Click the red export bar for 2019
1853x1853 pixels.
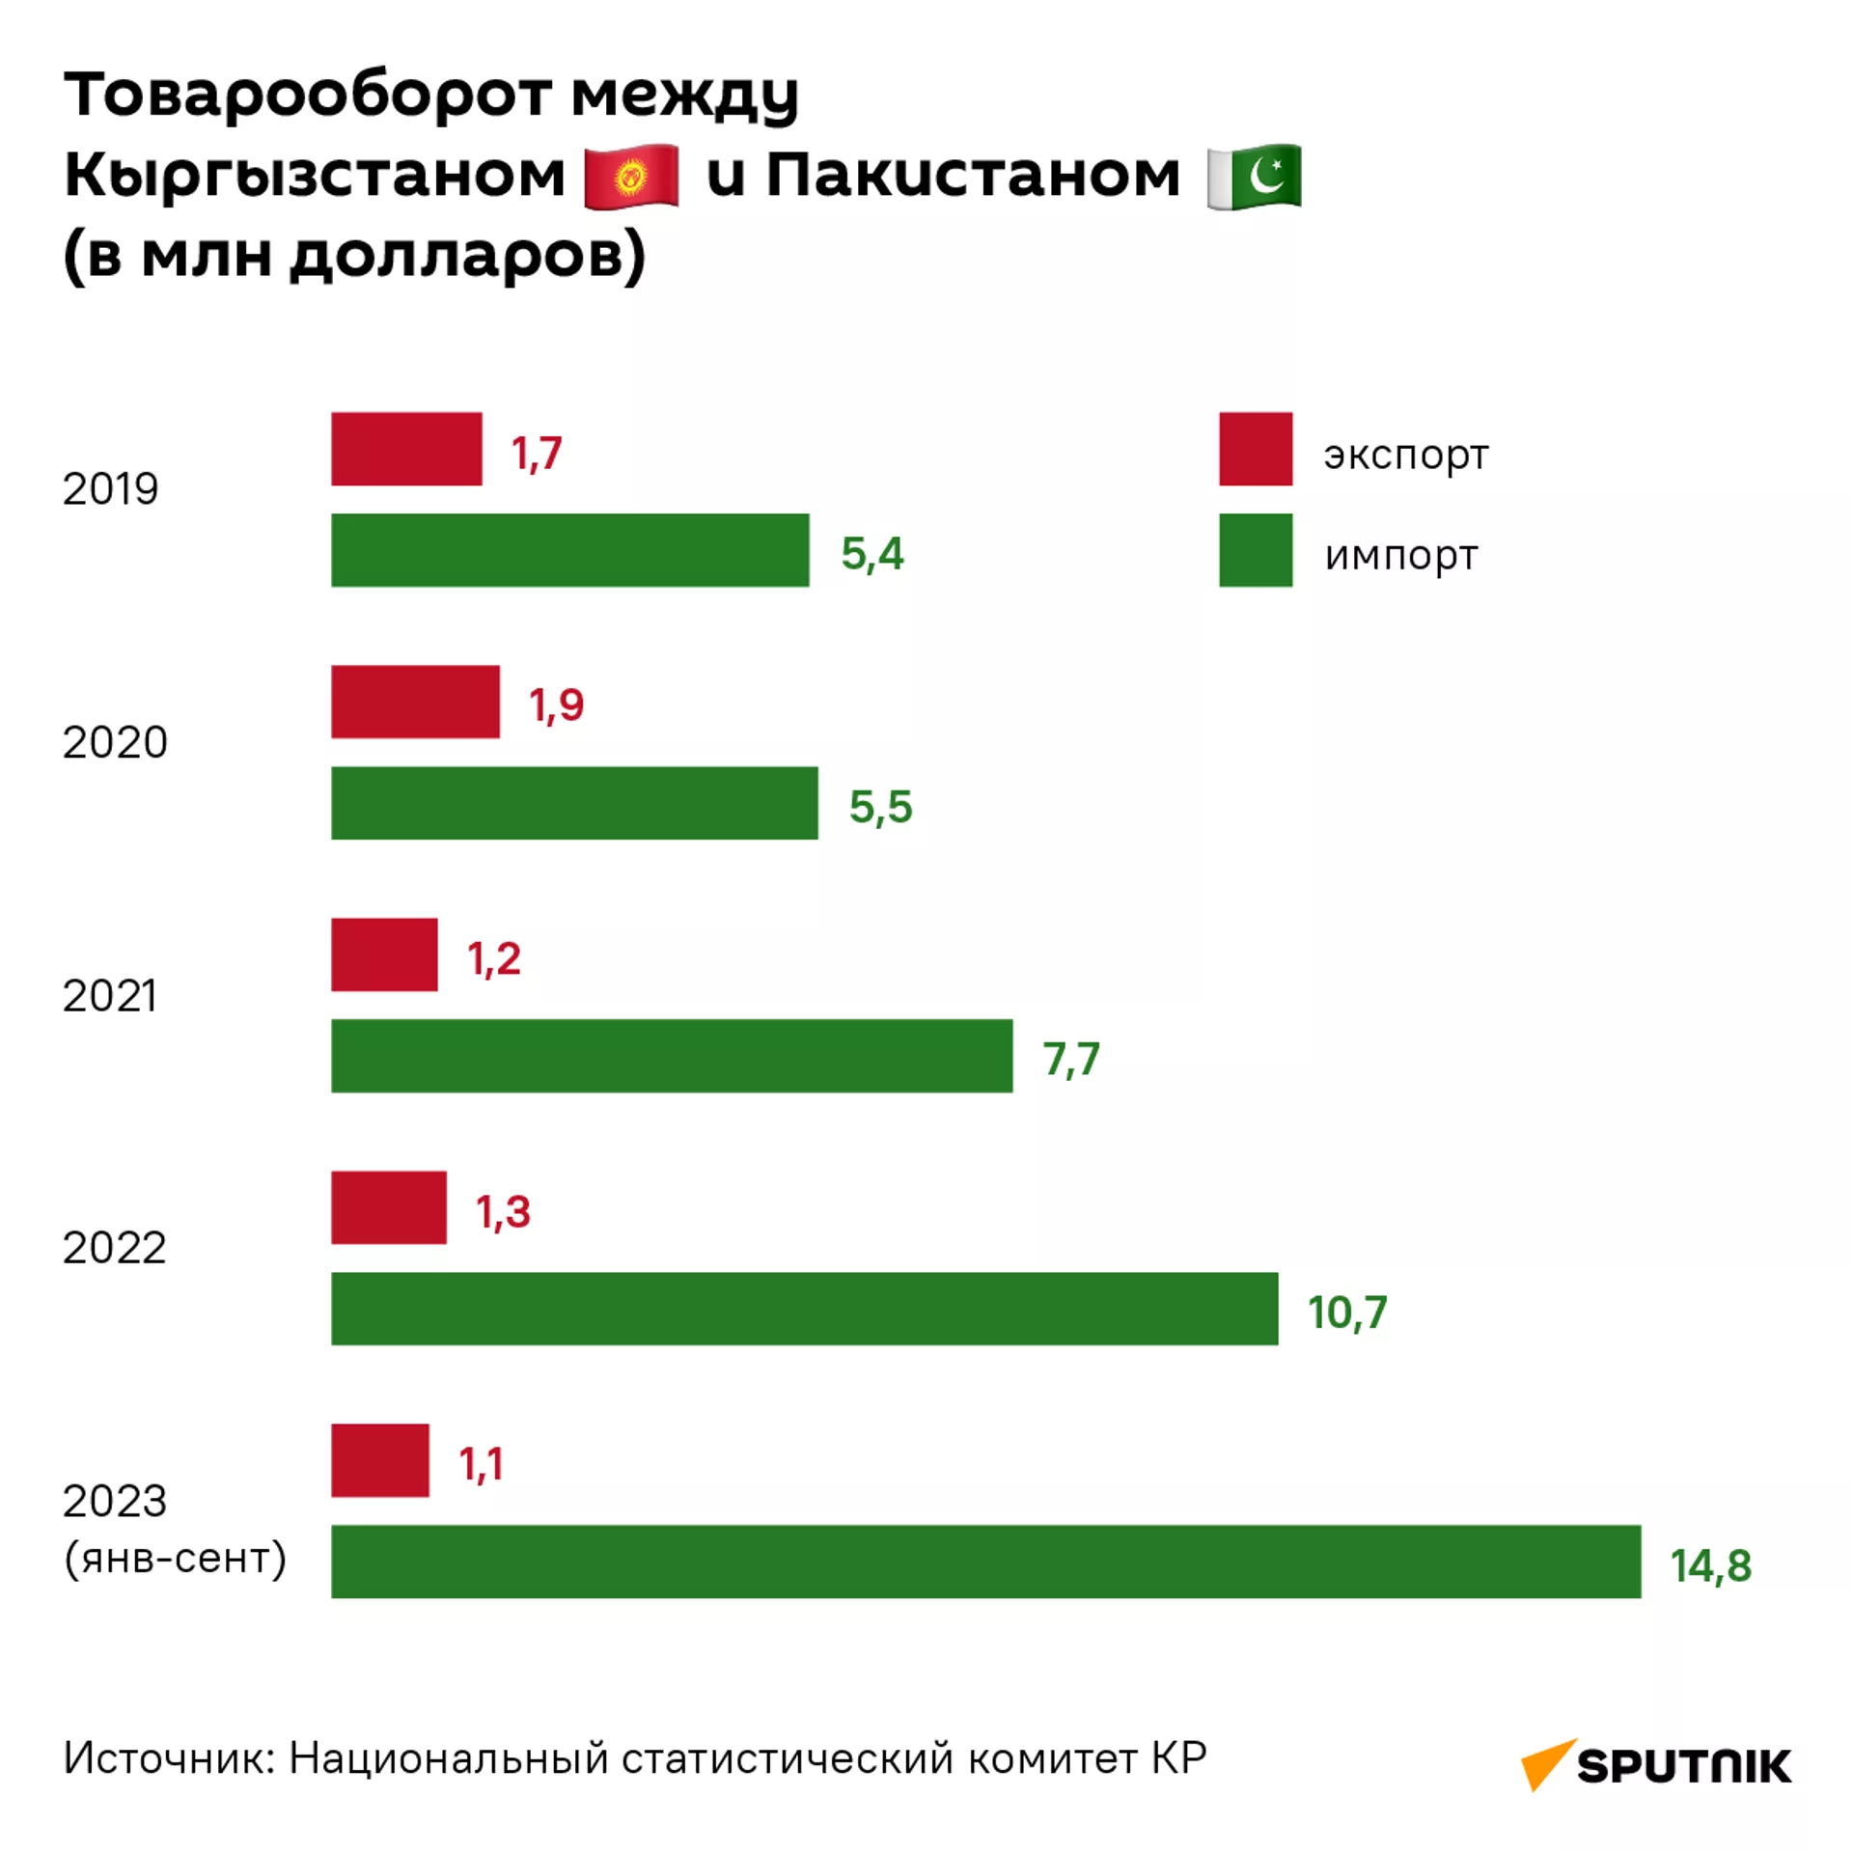click(406, 449)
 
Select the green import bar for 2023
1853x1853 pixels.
click(985, 1561)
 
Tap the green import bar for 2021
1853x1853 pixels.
click(672, 1056)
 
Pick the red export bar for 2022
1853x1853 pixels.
click(389, 1207)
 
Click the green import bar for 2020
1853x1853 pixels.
click(574, 803)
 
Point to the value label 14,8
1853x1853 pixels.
click(1710, 1565)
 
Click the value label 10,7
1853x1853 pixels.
click(1347, 1313)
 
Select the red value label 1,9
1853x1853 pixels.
click(556, 705)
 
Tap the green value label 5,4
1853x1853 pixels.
click(872, 554)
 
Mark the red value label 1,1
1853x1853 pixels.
click(481, 1464)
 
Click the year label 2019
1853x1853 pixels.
click(110, 489)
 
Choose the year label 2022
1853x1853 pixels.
click(114, 1248)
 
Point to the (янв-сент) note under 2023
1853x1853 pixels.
click(175, 1558)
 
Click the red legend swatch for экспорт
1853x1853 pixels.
click(1256, 449)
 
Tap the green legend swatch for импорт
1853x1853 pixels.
click(1256, 550)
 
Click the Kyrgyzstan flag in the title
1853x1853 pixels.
click(631, 176)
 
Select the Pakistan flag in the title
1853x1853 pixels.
click(1255, 176)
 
